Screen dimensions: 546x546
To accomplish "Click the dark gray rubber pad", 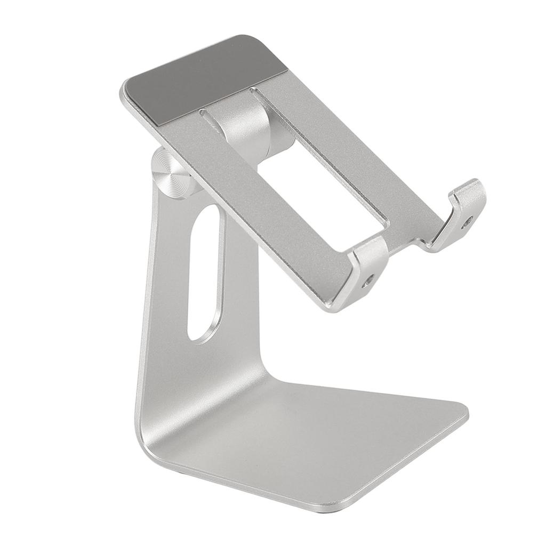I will pos(208,80).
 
